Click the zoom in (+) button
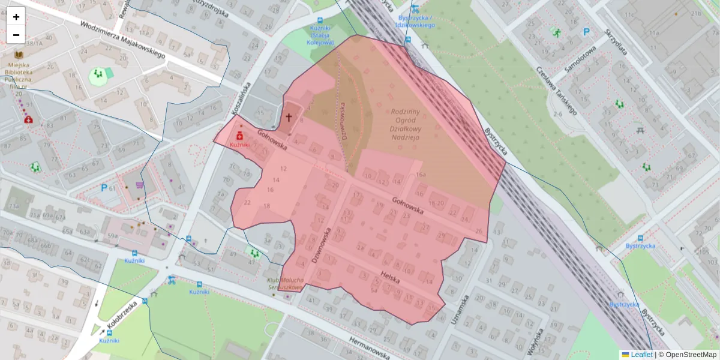pyautogui.click(x=16, y=17)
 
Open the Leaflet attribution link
pyautogui.click(x=641, y=355)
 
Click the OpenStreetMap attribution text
pyautogui.click(x=691, y=355)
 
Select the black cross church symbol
pyautogui.click(x=289, y=118)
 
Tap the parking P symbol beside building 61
pyautogui.click(x=104, y=188)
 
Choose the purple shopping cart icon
pyautogui.click(x=140, y=185)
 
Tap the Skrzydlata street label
pyautogui.click(x=616, y=42)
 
